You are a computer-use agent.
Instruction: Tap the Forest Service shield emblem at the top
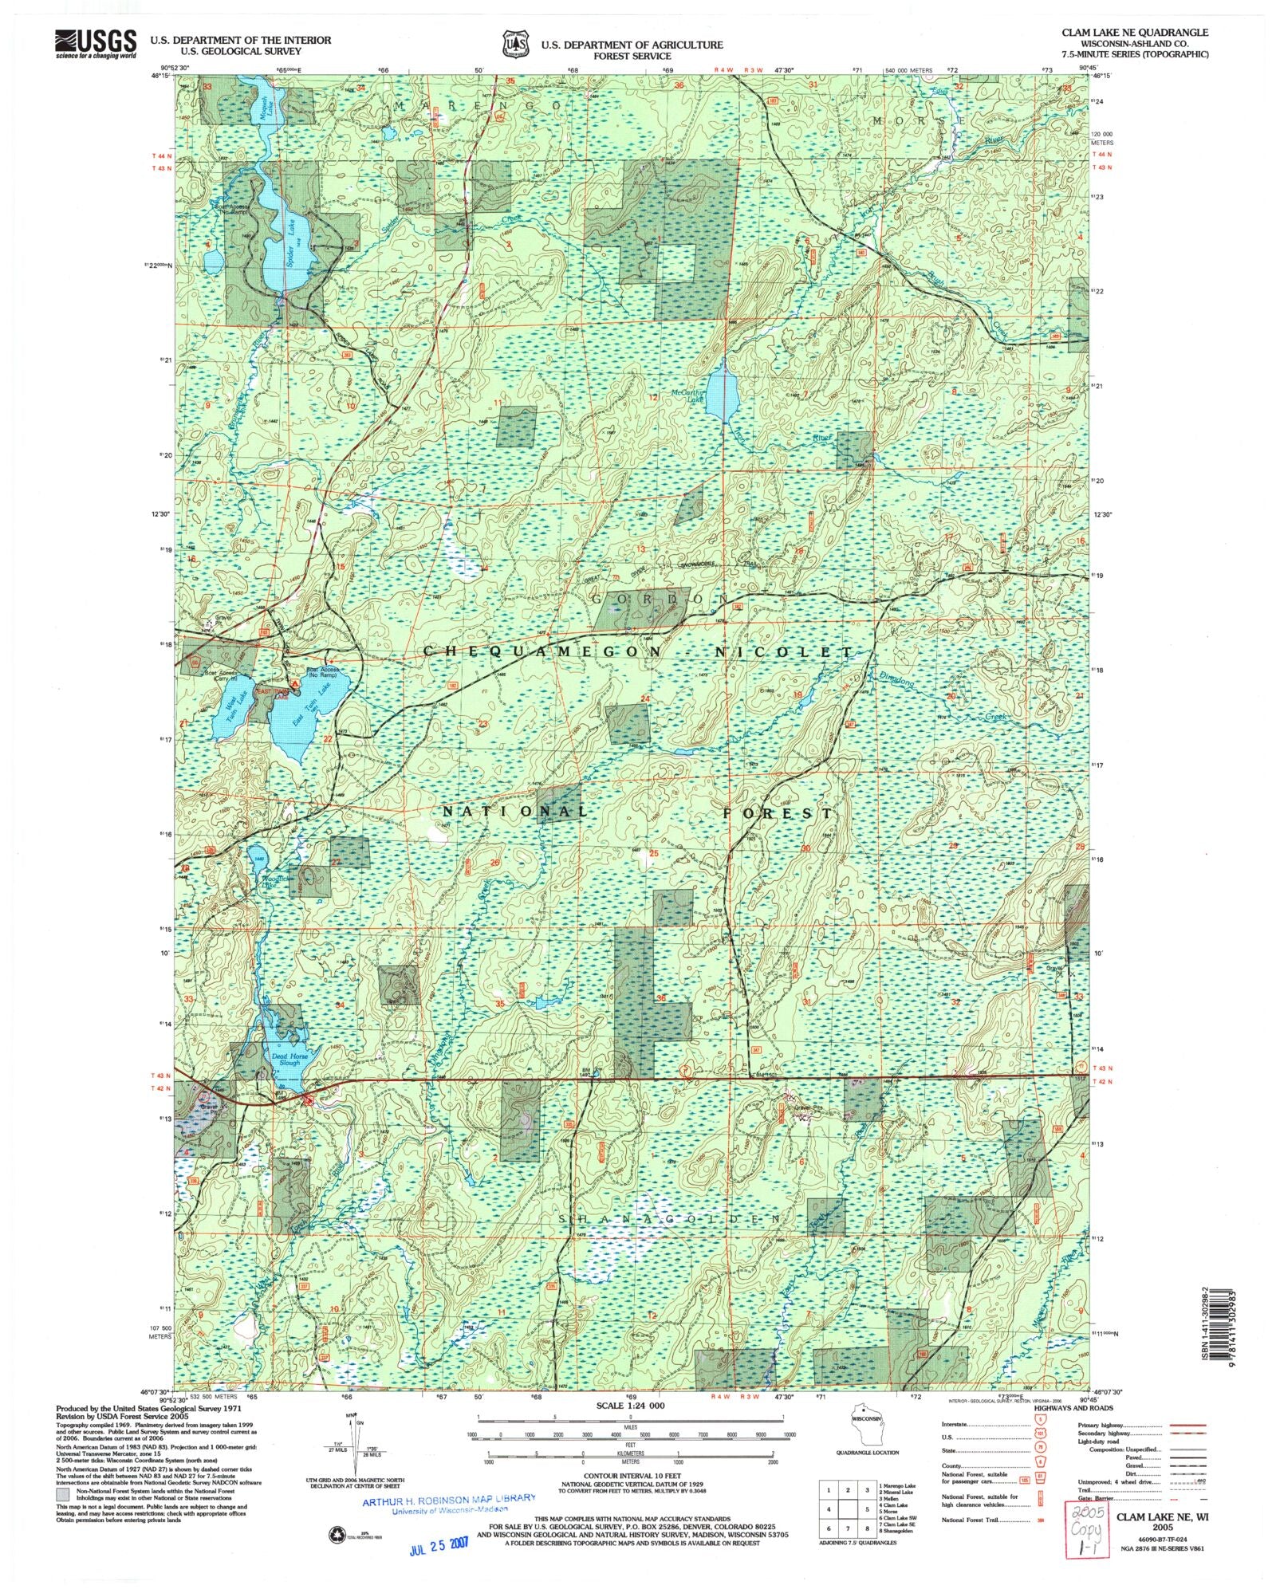(x=515, y=45)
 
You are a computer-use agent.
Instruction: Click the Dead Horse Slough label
(x=285, y=1059)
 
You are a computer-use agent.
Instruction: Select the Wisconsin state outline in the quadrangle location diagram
(x=865, y=1427)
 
